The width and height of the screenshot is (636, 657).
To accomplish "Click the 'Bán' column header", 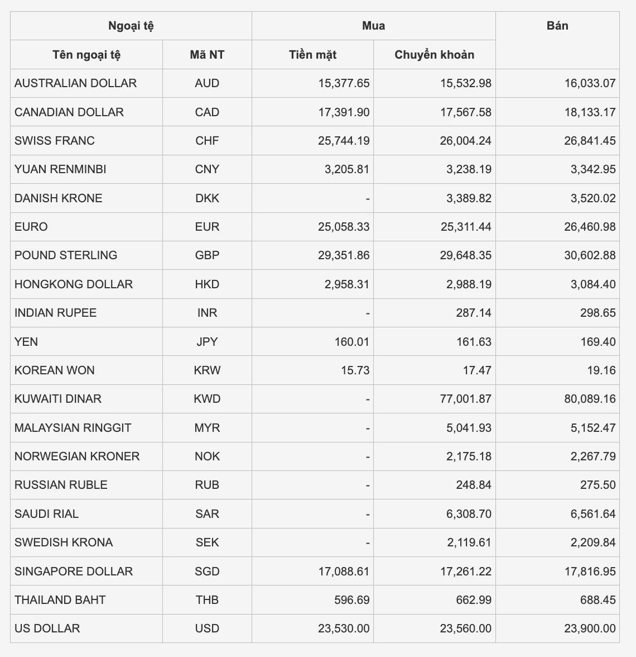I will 557,26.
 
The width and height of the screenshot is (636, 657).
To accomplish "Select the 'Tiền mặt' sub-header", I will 312,55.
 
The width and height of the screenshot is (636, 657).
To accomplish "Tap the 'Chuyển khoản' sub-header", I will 434,55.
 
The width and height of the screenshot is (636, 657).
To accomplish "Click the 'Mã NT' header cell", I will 207,55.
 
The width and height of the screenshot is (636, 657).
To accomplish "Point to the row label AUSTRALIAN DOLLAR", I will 75,83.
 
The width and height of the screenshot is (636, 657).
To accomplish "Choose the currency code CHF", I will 207,141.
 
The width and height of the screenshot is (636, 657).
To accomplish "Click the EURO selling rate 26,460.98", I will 590,227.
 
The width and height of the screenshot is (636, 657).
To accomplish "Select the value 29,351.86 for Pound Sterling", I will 344,255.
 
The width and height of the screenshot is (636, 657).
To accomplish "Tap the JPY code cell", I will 207,341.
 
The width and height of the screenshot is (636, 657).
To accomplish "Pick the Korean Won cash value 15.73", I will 355,370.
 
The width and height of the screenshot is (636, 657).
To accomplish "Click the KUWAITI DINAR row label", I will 58,399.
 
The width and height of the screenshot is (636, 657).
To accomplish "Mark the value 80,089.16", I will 590,399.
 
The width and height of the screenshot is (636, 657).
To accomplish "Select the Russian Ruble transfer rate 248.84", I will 474,485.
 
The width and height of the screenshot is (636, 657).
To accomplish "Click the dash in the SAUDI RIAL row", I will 368,514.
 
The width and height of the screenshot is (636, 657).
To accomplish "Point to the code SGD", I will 207,572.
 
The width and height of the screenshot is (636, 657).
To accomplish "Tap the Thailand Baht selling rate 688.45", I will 598,600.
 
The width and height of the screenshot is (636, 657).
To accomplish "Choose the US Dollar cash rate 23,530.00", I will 344,629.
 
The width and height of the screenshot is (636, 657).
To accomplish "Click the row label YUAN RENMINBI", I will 60,169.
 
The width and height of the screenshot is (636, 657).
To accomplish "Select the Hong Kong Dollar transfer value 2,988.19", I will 469,284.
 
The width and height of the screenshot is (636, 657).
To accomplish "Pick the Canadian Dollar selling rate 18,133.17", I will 590,112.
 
